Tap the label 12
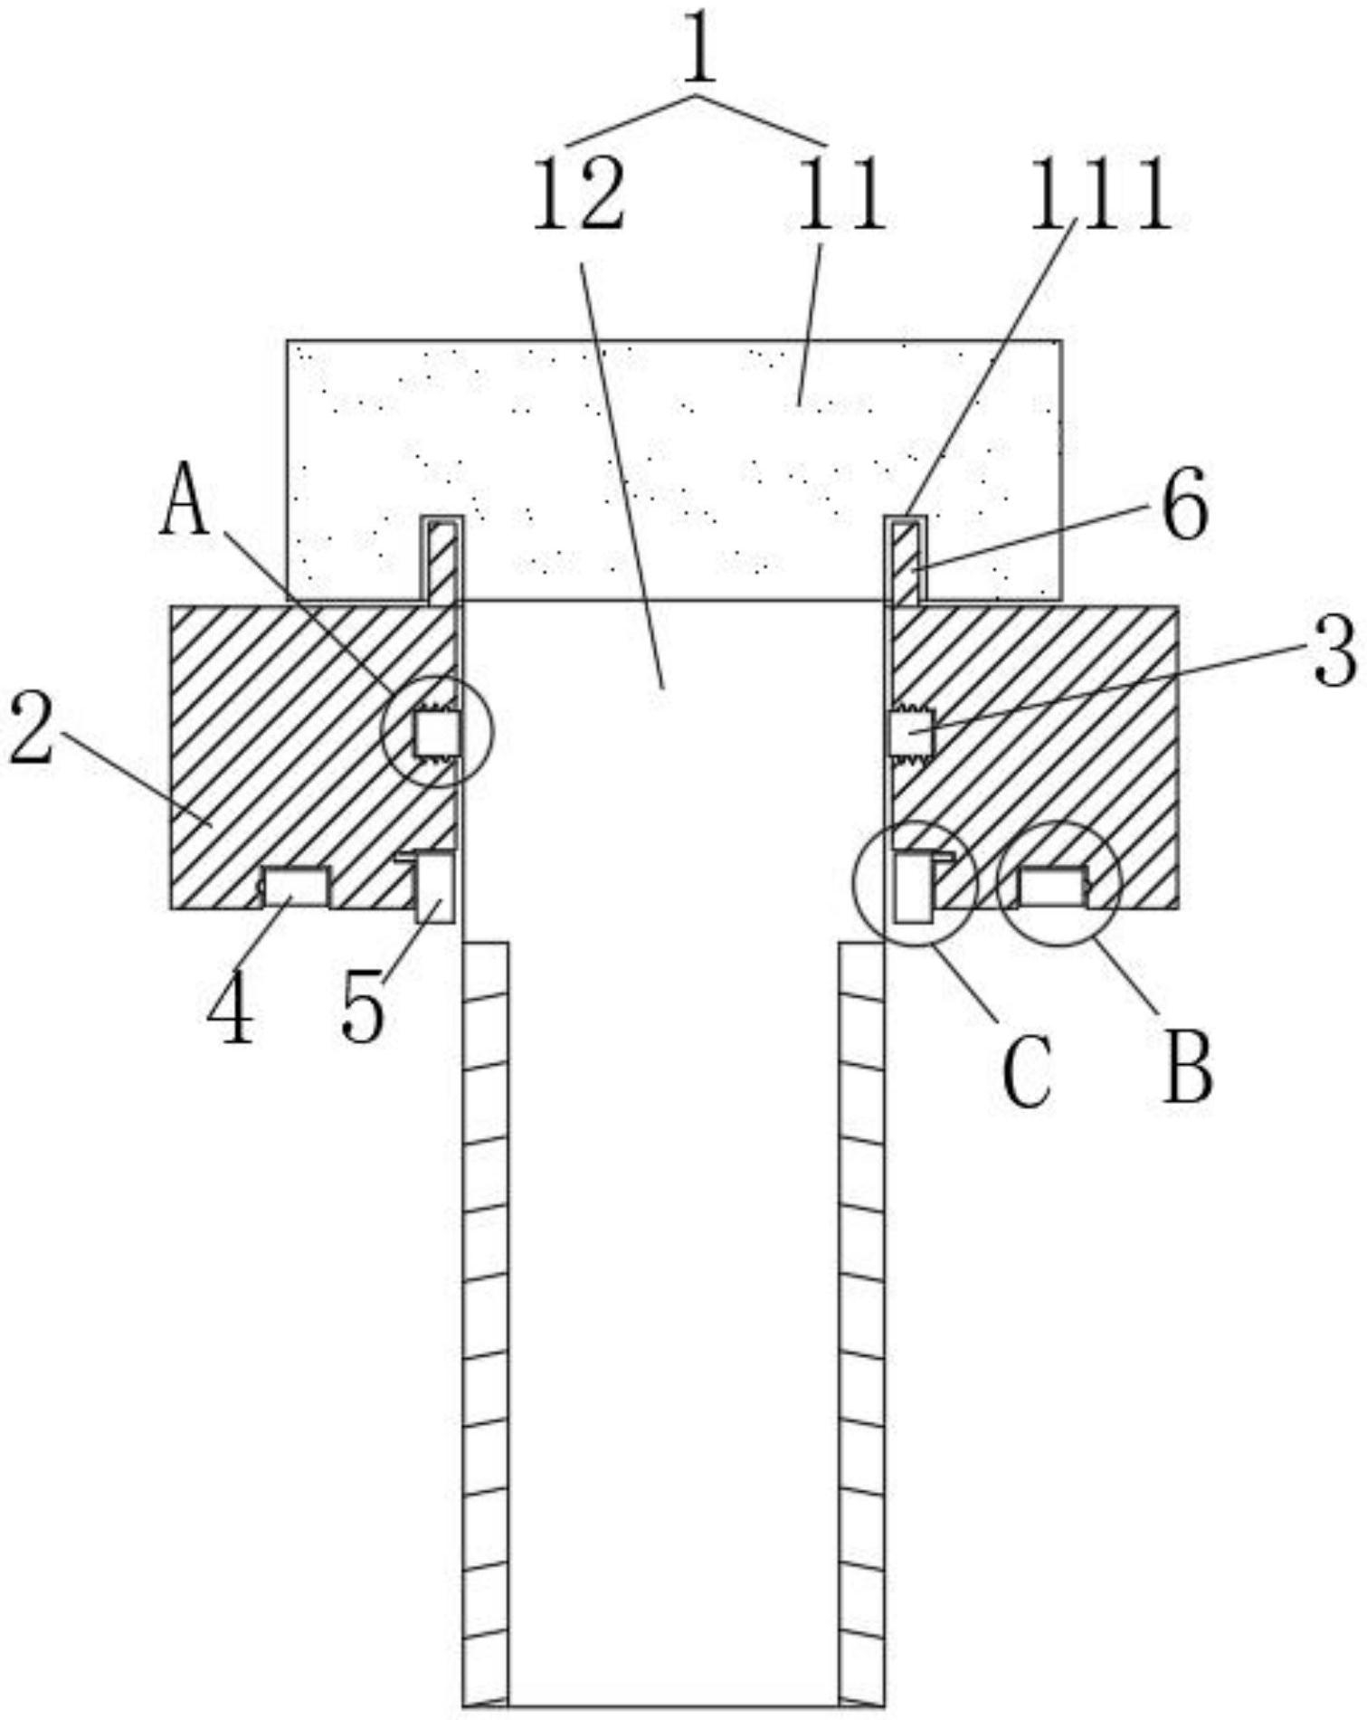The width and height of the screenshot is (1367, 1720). (578, 194)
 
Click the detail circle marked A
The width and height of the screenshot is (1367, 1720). (437, 731)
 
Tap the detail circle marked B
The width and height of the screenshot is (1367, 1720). (1058, 884)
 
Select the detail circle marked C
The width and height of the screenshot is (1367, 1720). (916, 884)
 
